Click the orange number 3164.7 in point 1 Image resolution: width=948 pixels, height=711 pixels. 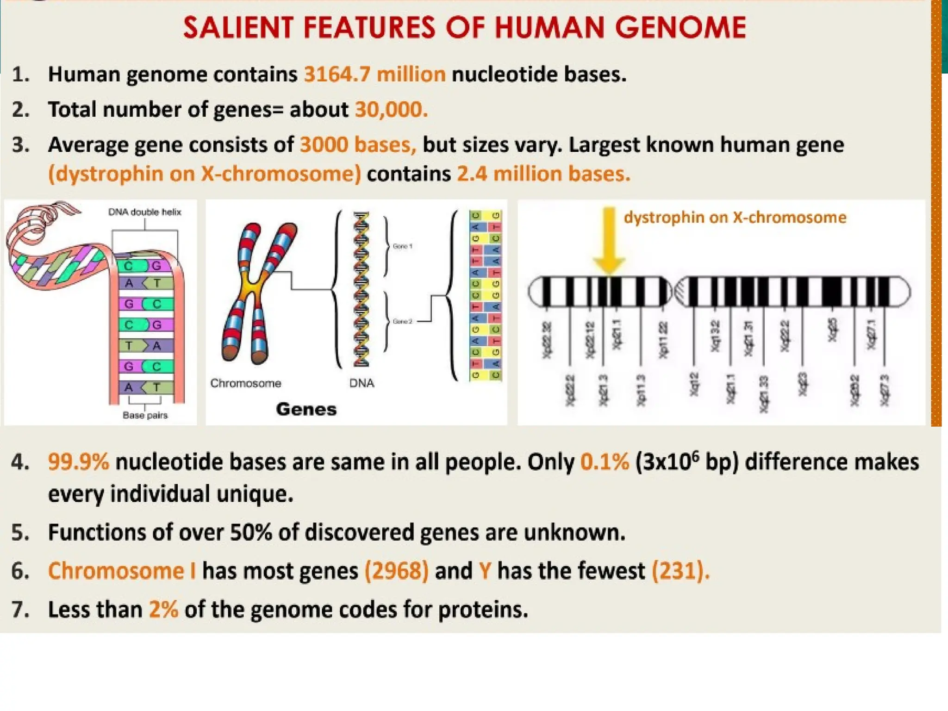point(337,75)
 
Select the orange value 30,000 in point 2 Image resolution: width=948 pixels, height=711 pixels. point(391,110)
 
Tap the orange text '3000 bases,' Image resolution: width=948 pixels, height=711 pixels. point(358,145)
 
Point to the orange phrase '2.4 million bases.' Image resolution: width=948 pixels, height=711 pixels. point(543,174)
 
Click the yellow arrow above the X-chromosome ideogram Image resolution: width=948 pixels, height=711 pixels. point(609,241)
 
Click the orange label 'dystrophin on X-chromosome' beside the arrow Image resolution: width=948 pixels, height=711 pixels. point(735,218)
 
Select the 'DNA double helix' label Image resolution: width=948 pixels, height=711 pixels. point(144,212)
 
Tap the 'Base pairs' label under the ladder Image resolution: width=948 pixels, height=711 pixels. point(145,415)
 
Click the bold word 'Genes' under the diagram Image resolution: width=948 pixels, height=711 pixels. point(306,409)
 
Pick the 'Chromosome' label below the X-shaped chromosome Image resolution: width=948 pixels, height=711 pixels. point(245,383)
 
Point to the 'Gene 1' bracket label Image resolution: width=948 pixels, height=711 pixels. point(402,246)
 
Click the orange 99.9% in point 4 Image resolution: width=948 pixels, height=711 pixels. point(78,462)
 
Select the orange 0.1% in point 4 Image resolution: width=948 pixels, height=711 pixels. point(605,462)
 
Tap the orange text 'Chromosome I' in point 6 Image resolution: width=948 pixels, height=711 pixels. point(122,571)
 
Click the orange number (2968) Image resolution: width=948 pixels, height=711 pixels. point(397,571)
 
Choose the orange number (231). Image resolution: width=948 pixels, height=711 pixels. point(680,571)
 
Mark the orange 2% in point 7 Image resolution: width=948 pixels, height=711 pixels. point(163,609)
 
